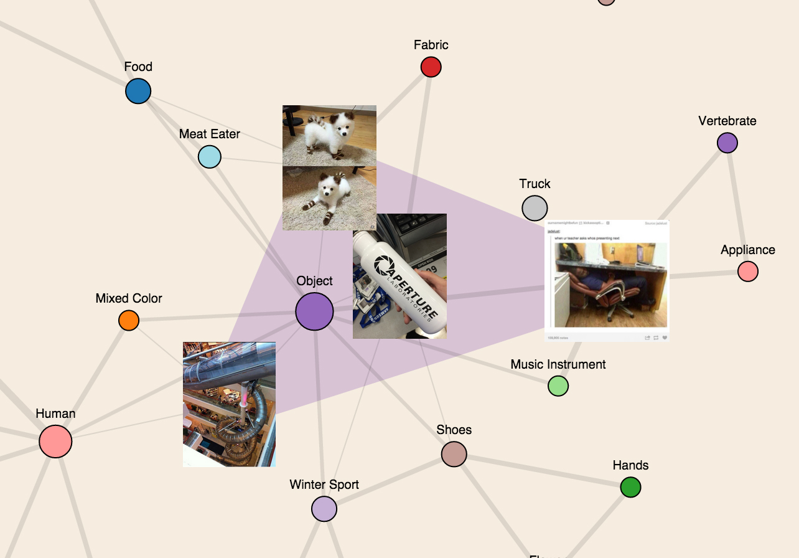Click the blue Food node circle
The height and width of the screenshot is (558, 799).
138,91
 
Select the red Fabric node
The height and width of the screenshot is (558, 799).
431,67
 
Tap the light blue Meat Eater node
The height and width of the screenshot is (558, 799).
210,157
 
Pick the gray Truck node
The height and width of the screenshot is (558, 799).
535,208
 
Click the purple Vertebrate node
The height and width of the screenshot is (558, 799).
727,143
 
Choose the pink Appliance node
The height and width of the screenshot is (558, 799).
748,272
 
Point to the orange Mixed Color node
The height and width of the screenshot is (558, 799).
129,321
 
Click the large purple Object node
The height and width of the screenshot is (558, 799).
314,311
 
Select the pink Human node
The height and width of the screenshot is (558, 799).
55,442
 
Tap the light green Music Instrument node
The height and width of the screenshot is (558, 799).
558,386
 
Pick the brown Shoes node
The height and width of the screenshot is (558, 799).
454,454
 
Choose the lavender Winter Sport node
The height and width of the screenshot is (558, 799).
324,509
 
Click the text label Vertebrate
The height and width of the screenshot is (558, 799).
727,121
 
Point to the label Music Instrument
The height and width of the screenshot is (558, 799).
558,364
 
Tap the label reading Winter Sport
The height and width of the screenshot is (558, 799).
324,485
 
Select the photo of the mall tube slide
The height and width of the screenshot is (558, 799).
229,404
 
